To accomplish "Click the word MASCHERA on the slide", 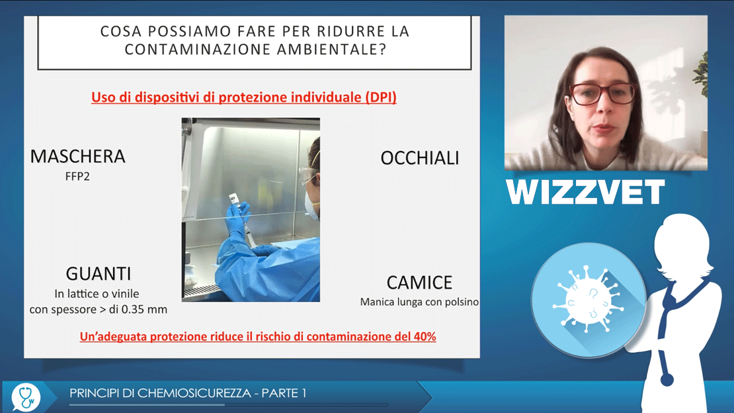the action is click(x=78, y=157).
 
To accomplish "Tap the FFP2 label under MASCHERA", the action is click(x=77, y=177).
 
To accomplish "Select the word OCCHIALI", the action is click(x=419, y=158).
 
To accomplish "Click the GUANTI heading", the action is click(x=99, y=274).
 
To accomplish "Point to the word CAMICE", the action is click(x=419, y=283).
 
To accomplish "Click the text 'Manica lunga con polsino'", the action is click(x=419, y=302).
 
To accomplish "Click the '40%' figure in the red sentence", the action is click(x=425, y=337).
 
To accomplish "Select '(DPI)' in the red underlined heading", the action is click(x=381, y=97).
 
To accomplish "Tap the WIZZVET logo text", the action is click(x=585, y=192).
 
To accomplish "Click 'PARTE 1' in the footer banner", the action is click(x=284, y=393).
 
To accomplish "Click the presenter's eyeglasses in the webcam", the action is click(x=602, y=93).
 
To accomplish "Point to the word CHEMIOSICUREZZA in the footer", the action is click(x=194, y=393).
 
